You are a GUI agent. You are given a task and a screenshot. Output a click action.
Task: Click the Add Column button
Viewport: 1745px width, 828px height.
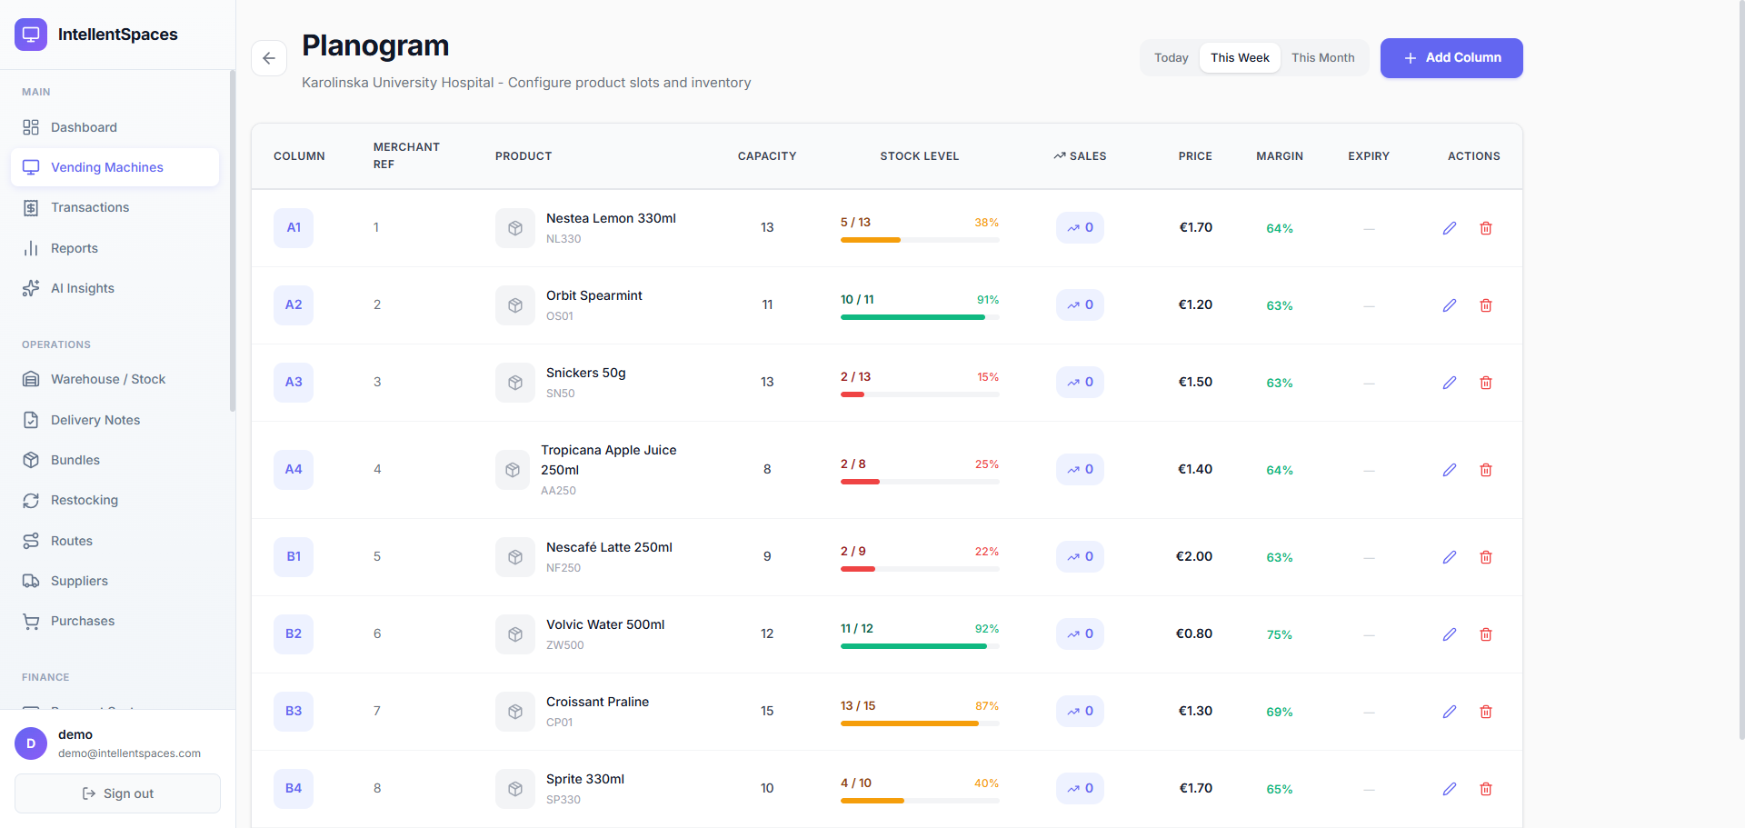[1451, 58]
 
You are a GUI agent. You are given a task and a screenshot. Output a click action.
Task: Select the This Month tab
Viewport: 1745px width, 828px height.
[1322, 58]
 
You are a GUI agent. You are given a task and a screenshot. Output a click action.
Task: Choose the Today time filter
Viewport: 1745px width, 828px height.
[1171, 58]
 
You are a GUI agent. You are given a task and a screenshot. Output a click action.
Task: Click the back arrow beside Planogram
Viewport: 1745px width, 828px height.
[269, 58]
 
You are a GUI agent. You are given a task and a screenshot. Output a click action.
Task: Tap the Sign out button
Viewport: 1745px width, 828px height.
[117, 793]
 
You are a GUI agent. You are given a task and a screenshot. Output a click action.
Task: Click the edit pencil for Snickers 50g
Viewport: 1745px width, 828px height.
[1450, 383]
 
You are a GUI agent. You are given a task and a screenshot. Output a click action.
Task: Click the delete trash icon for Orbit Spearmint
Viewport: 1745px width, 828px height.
[1486, 305]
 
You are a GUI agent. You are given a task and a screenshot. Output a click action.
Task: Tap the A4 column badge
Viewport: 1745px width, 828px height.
[294, 469]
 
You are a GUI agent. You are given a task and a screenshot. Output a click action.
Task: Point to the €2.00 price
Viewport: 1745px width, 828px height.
[1194, 556]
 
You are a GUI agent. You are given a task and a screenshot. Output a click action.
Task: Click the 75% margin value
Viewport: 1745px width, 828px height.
[1280, 634]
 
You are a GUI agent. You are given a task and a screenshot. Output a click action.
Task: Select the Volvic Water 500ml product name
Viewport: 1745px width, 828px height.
[605, 624]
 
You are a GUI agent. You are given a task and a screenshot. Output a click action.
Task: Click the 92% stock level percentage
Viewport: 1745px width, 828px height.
[987, 628]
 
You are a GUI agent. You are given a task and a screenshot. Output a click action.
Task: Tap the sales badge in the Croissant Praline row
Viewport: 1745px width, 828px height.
[1080, 711]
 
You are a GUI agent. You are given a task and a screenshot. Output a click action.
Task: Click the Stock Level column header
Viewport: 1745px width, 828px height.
[919, 156]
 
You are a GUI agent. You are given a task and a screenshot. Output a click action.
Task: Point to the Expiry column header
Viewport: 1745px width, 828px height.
[1369, 156]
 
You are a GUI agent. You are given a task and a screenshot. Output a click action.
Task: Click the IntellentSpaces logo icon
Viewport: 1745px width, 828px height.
[31, 35]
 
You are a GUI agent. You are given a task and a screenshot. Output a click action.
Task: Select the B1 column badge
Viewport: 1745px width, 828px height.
[294, 556]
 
